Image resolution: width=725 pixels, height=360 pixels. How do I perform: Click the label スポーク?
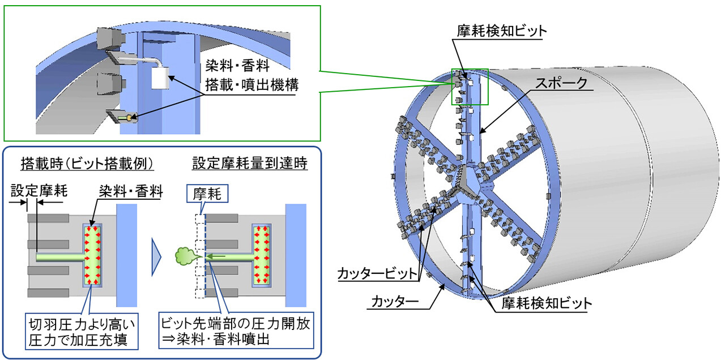pos(561,83)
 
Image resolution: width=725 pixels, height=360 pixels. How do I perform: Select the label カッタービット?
pos(377,273)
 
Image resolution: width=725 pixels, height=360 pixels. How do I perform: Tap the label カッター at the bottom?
pos(395,302)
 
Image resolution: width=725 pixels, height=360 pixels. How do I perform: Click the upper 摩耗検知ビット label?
pos(502,31)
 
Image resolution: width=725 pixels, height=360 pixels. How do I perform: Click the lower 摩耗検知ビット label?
pos(547,303)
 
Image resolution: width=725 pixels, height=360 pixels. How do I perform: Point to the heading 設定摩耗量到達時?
pos(250,163)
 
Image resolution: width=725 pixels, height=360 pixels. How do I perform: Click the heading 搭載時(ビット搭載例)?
pos(87,164)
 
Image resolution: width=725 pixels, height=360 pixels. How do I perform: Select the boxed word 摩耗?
pos(207,194)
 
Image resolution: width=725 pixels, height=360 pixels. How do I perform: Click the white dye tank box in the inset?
pos(160,78)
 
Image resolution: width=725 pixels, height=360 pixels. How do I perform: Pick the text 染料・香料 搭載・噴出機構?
pos(252,76)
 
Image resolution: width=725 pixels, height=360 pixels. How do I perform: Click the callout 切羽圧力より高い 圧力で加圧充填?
pos(82,331)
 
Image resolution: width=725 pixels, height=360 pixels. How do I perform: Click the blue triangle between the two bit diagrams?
pos(156,257)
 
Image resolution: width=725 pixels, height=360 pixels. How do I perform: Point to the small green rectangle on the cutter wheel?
pos(470,87)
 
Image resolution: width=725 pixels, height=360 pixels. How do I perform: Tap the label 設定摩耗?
pos(39,191)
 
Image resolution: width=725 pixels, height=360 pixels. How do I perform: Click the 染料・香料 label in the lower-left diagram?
pos(131,191)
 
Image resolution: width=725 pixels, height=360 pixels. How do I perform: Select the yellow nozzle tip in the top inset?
pos(129,118)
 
